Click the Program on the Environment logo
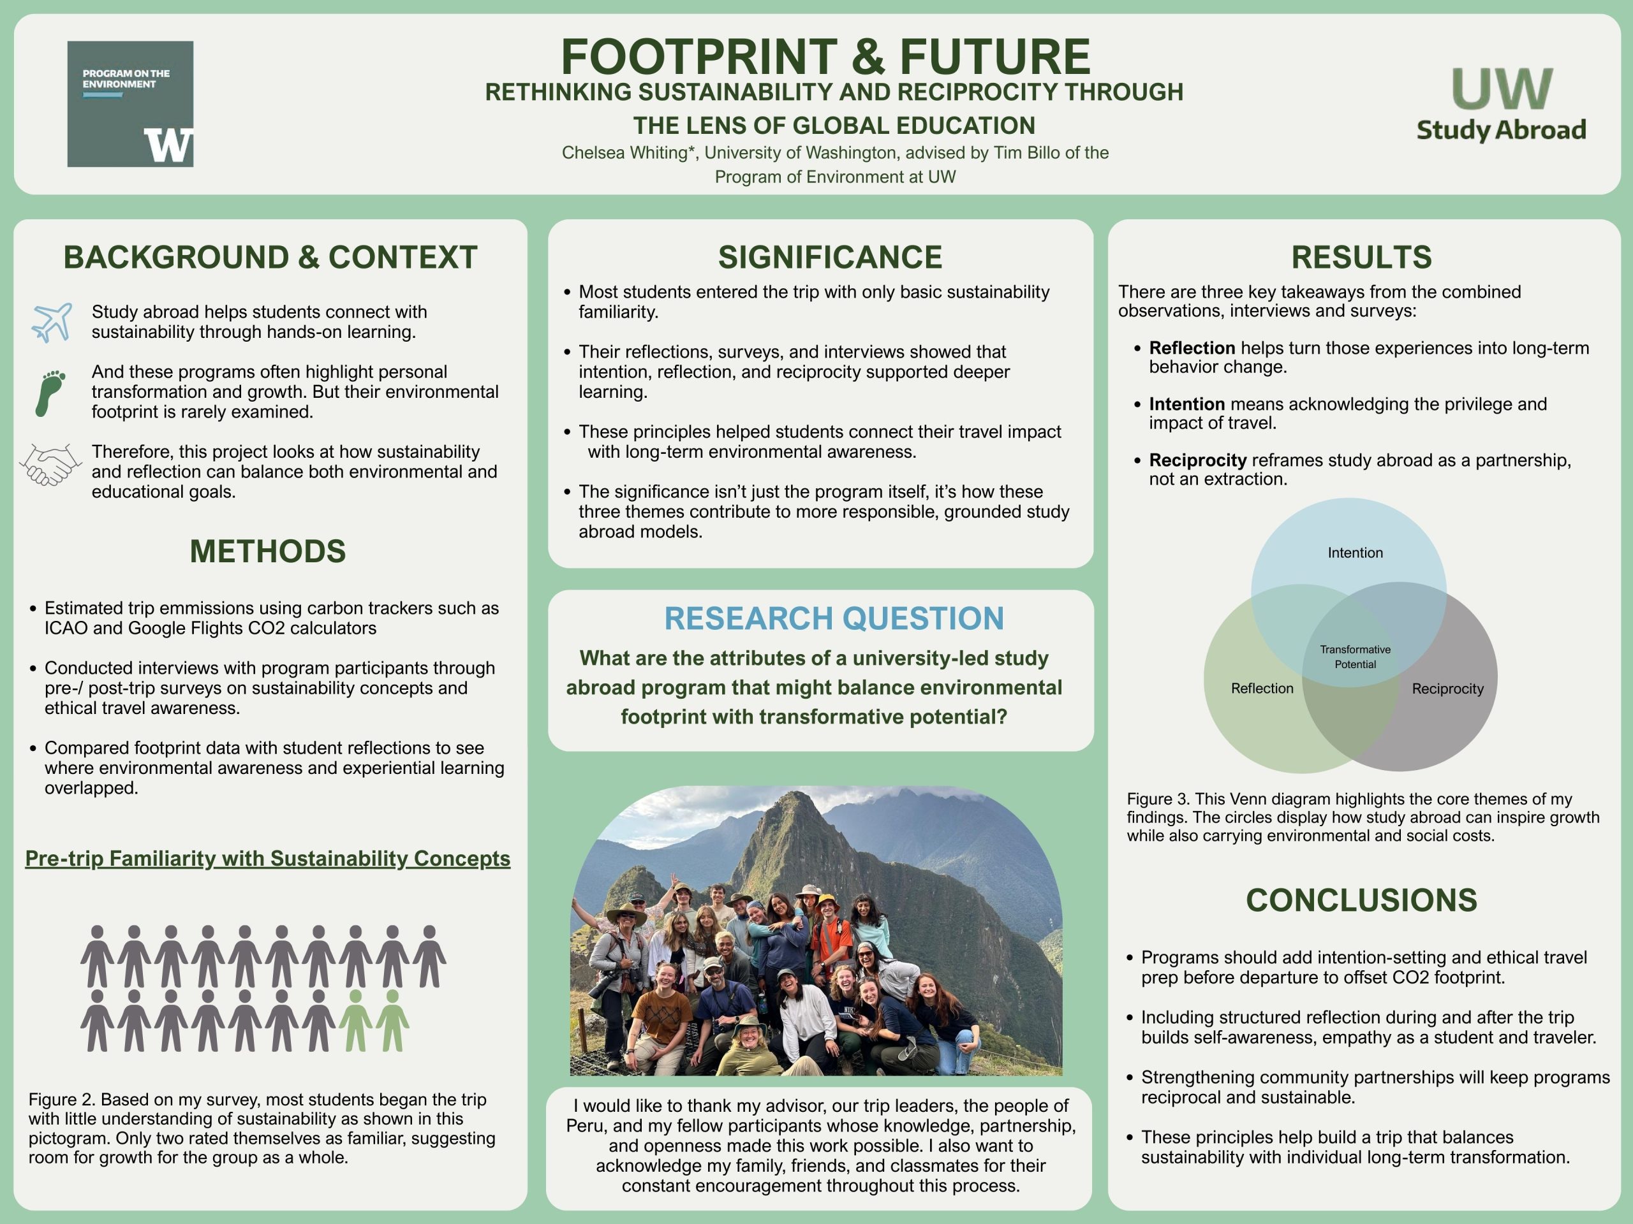(130, 103)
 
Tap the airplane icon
(52, 322)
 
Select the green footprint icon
(50, 393)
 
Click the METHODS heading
(267, 552)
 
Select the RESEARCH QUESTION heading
(834, 618)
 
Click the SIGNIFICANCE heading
(830, 257)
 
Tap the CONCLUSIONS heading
(1361, 900)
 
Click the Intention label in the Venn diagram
(1355, 553)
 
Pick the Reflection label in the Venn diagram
(1262, 688)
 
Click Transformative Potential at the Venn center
(1355, 657)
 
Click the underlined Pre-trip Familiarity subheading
(267, 858)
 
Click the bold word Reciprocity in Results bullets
(1197, 460)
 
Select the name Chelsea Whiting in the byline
(624, 153)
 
